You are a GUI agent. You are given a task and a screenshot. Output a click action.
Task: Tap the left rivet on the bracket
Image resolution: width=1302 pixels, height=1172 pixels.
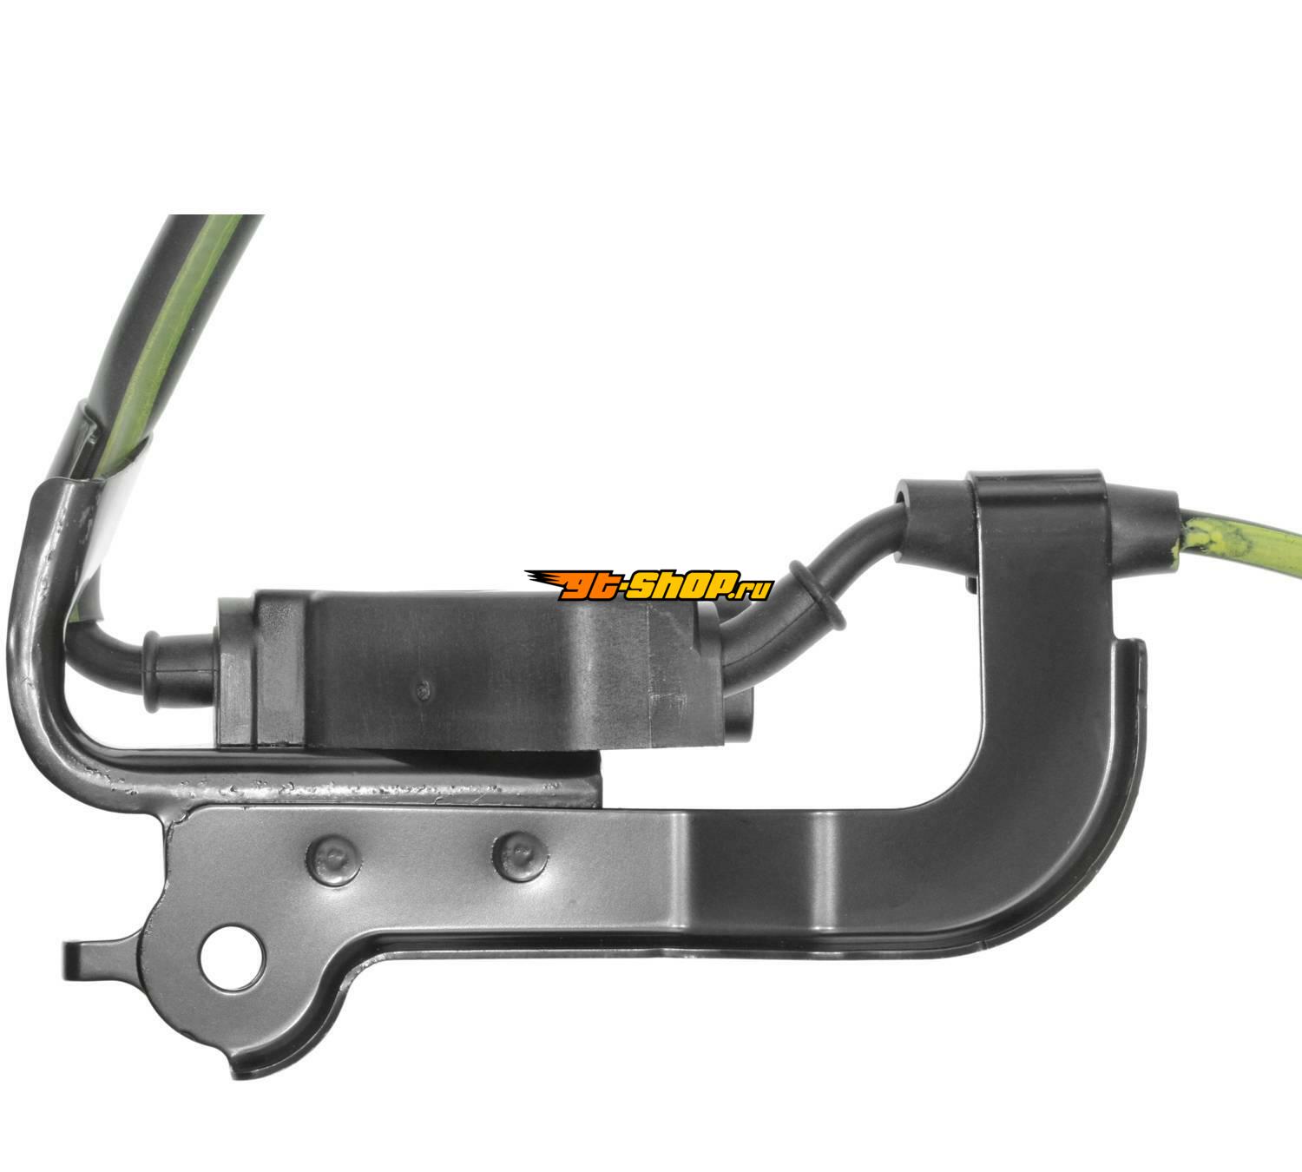click(332, 860)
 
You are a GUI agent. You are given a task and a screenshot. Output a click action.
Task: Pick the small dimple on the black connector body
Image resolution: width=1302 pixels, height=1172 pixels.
click(424, 689)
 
